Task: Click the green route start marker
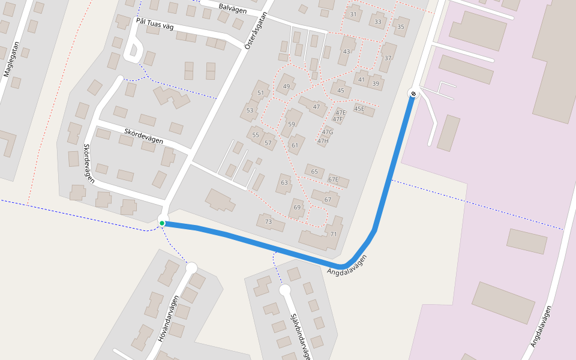162,223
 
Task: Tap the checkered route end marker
413,93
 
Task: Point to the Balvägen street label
233,7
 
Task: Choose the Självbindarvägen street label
299,336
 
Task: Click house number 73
268,222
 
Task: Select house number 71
334,233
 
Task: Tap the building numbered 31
353,14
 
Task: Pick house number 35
400,26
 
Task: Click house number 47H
323,141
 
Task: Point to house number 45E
359,109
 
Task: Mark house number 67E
334,179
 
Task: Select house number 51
260,92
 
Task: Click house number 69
296,208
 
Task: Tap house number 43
346,52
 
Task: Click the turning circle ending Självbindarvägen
285,290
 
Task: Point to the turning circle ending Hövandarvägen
192,268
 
